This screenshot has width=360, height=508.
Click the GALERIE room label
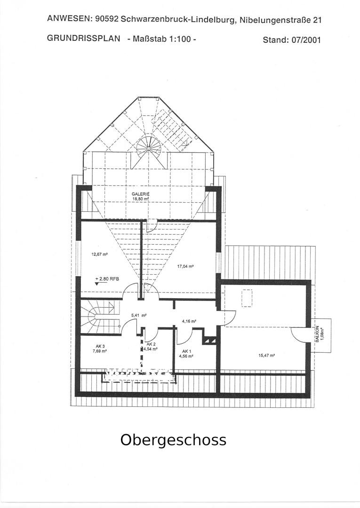pyautogui.click(x=140, y=194)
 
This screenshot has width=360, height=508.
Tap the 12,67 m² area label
pyautogui.click(x=99, y=254)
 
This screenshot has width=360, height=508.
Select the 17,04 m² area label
pyautogui.click(x=185, y=267)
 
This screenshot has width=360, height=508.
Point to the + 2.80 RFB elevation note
pyautogui.click(x=107, y=278)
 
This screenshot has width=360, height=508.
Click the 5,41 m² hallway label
pyautogui.click(x=139, y=315)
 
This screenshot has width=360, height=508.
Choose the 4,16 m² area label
pyautogui.click(x=189, y=321)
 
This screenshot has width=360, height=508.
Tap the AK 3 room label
pyautogui.click(x=100, y=346)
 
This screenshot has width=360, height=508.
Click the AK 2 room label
pyautogui.click(x=152, y=344)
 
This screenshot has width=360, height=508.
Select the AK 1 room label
pyautogui.click(x=187, y=351)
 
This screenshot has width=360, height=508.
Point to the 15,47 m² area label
pyautogui.click(x=267, y=356)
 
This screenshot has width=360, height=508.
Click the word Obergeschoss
pyautogui.click(x=173, y=440)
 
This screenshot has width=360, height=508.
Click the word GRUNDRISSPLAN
pyautogui.click(x=84, y=39)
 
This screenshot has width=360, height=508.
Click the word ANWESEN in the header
pyautogui.click(x=68, y=18)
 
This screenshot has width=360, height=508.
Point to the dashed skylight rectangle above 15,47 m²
pyautogui.click(x=247, y=298)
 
